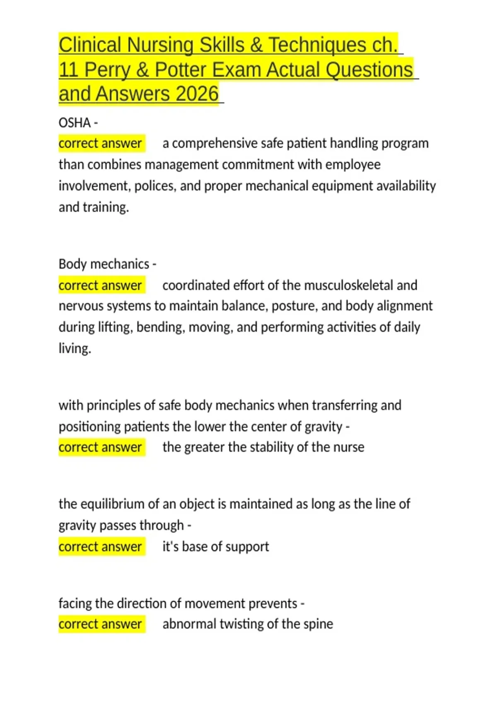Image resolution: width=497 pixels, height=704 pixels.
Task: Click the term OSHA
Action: pos(75,123)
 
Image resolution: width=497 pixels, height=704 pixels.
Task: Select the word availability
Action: pos(406,186)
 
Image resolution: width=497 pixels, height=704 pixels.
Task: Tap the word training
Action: pos(106,207)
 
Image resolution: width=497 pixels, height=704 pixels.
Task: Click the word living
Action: pos(74,348)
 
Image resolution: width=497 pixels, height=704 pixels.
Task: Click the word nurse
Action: pos(349,447)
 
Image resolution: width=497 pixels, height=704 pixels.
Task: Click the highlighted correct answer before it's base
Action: pos(100,547)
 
